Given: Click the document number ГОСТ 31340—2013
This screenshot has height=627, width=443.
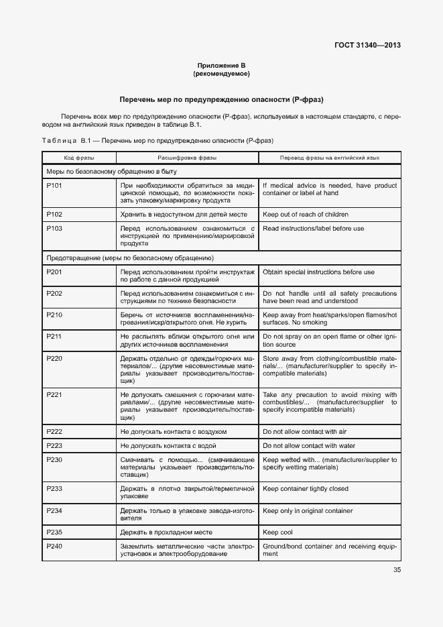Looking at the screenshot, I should click(x=367, y=46).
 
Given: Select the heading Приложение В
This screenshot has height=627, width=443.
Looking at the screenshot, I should click(x=221, y=65).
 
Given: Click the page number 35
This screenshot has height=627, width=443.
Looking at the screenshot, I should click(x=396, y=571).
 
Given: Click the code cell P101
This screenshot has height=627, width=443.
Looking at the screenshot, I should click(x=54, y=186).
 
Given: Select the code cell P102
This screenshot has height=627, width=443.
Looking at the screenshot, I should click(x=54, y=215).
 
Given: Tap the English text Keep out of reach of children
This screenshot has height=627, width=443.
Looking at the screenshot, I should click(x=306, y=215).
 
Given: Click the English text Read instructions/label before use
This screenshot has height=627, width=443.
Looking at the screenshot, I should click(x=314, y=229).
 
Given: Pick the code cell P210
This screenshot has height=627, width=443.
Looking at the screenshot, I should click(x=54, y=315).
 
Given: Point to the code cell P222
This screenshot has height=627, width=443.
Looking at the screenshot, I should click(x=54, y=431).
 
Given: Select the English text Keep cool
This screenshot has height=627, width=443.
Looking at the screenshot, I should click(x=278, y=532).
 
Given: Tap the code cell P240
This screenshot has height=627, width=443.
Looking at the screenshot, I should click(x=54, y=547).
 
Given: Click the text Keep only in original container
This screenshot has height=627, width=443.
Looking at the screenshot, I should click(x=308, y=511).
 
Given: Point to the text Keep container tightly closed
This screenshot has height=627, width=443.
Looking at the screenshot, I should click(x=306, y=489).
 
